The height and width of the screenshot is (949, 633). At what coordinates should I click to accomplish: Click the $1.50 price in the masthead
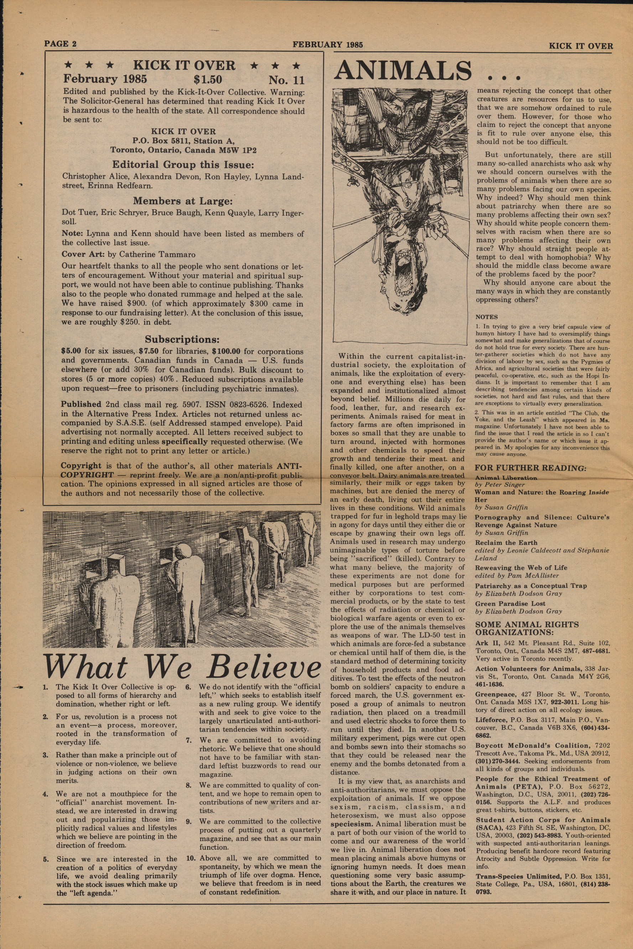pos(208,79)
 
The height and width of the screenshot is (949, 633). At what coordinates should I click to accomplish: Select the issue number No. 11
pos(287,79)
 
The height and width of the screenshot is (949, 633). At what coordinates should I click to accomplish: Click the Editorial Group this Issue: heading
pos(183,165)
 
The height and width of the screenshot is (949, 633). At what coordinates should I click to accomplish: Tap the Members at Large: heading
pos(182,201)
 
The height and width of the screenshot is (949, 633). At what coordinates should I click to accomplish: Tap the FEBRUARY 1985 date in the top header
pos(327,45)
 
